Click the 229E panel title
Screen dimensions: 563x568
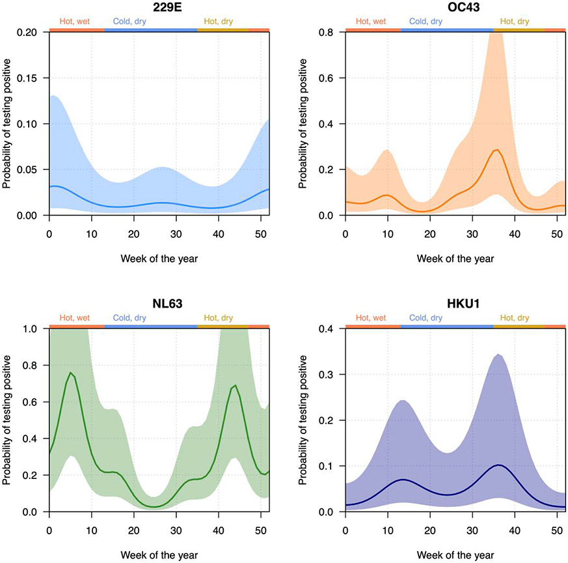pyautogui.click(x=159, y=7)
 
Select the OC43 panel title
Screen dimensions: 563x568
pyautogui.click(x=455, y=7)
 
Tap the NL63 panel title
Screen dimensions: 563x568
pyautogui.click(x=159, y=304)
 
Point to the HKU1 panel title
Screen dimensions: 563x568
pyautogui.click(x=455, y=304)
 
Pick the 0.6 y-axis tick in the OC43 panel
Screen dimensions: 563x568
pyautogui.click(x=333, y=78)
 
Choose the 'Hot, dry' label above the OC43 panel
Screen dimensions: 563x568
pyautogui.click(x=515, y=21)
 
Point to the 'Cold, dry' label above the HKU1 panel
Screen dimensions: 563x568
pyautogui.click(x=426, y=317)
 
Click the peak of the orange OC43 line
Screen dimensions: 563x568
pyautogui.click(x=497, y=150)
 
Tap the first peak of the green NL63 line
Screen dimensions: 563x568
pyautogui.click(x=70, y=373)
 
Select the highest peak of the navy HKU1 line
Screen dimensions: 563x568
pyautogui.click(x=498, y=465)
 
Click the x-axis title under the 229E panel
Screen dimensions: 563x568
pyautogui.click(x=159, y=258)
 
